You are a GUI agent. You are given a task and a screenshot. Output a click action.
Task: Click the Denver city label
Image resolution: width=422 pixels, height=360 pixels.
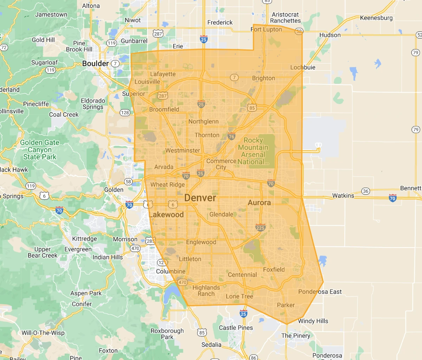pyautogui.click(x=200, y=198)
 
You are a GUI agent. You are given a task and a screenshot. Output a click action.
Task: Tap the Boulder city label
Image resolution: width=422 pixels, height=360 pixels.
pyautogui.click(x=95, y=64)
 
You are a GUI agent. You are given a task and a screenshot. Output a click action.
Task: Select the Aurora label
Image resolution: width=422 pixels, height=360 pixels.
pyautogui.click(x=259, y=203)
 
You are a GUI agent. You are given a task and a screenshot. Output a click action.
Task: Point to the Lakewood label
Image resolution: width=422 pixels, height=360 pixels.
pyautogui.click(x=167, y=215)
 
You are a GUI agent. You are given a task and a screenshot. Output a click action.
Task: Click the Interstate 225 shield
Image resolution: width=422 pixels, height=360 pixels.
pyautogui.click(x=260, y=227)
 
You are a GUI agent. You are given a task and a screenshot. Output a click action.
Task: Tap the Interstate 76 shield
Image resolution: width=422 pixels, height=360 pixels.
pyautogui.click(x=231, y=137)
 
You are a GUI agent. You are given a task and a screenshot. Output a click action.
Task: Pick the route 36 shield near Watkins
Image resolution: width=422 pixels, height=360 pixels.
pyautogui.click(x=366, y=191)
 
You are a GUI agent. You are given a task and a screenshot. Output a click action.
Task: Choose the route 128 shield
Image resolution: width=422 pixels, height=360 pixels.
pyautogui.click(x=125, y=113)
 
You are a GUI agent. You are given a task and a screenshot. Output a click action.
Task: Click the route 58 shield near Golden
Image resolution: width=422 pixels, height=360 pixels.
pyautogui.click(x=128, y=182)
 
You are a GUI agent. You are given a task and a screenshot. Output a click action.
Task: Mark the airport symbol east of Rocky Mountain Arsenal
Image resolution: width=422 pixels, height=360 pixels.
pyautogui.click(x=318, y=145)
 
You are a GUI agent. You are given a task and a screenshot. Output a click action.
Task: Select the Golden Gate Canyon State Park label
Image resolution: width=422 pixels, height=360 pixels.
pyautogui.click(x=40, y=150)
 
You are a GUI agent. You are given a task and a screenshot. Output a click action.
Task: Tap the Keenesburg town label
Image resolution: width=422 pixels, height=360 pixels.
pyautogui.click(x=376, y=18)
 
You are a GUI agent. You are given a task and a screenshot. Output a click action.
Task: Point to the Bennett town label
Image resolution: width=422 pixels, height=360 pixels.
pyautogui.click(x=410, y=188)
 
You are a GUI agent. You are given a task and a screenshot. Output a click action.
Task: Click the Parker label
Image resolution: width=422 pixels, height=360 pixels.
pyautogui.click(x=286, y=305)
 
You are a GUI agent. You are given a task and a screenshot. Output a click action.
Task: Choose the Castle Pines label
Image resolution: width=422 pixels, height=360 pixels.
pyautogui.click(x=236, y=328)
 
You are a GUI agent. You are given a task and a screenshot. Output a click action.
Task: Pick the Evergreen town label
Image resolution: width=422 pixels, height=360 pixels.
pyautogui.click(x=78, y=249)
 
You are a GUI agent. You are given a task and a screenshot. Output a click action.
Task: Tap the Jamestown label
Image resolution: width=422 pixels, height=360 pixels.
pyautogui.click(x=51, y=15)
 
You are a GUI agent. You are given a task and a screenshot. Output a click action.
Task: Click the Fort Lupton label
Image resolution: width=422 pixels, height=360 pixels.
pyautogui.click(x=266, y=30)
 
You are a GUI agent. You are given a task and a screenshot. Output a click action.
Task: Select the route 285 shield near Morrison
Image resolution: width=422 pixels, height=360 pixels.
pyautogui.click(x=150, y=241)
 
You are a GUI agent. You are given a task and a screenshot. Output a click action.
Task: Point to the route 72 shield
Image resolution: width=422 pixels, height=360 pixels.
pyautogui.click(x=4, y=47)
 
